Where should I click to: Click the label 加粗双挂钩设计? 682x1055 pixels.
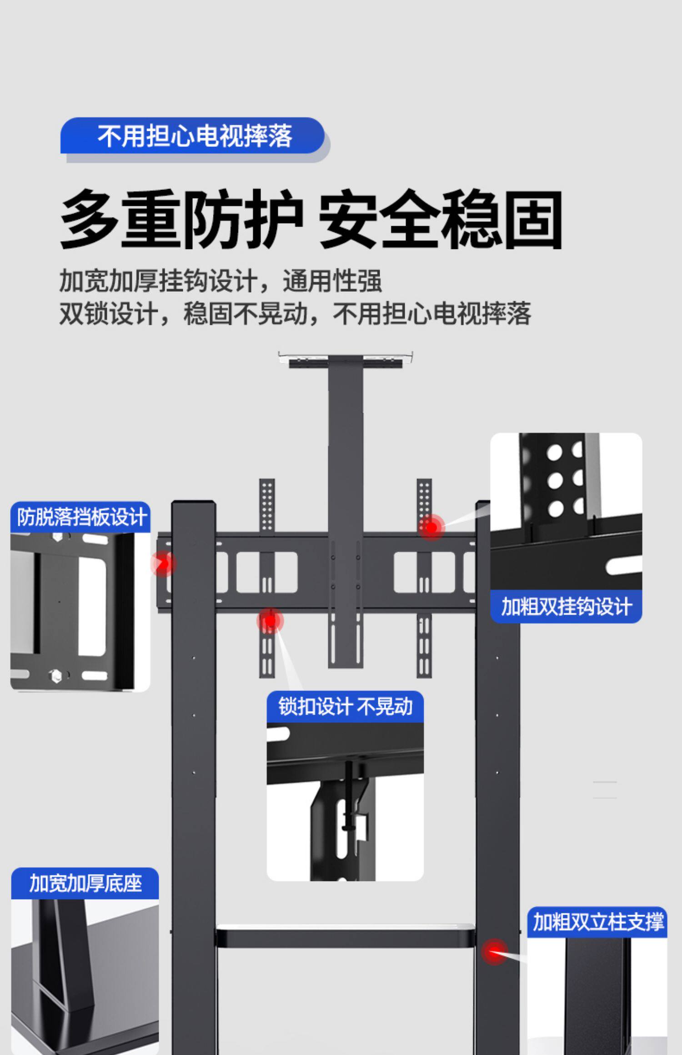click(566, 607)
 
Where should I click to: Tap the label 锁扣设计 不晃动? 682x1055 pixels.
click(345, 707)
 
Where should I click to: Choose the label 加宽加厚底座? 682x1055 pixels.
click(85, 884)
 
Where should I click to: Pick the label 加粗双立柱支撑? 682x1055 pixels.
click(597, 922)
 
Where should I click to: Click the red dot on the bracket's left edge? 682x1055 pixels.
click(163, 564)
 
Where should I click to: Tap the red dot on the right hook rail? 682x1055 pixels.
click(431, 527)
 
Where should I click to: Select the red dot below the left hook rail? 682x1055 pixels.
click(270, 621)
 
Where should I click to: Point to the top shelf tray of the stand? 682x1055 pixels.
click(346, 358)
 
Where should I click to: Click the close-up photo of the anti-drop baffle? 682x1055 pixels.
click(80, 612)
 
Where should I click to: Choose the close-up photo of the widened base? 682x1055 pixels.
click(85, 977)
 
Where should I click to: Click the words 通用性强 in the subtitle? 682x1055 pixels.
click(332, 280)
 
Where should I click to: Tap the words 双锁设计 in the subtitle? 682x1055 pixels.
click(109, 314)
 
